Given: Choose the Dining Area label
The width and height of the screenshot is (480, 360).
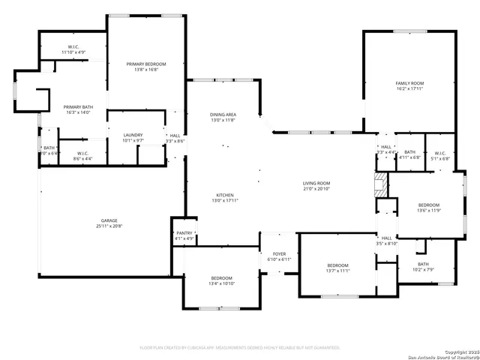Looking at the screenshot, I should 223,117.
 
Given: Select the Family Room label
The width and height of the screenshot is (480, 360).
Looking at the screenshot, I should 410,85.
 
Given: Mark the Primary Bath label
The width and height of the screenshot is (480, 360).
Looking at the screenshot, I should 78,109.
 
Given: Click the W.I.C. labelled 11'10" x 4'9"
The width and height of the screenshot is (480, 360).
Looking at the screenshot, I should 73,49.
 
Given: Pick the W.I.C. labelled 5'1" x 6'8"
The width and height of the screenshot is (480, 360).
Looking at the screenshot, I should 440,155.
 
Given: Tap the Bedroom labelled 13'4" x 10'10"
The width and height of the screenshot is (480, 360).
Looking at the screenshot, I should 221,281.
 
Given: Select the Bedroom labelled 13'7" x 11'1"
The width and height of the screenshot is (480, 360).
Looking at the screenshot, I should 337,268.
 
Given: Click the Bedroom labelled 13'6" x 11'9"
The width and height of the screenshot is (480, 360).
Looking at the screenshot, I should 428,208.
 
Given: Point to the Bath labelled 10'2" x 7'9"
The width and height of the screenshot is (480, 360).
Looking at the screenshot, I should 423,266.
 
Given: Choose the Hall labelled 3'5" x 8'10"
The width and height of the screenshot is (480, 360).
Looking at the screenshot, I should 386,240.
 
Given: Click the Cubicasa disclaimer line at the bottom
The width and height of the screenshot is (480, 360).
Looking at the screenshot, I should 240,347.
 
